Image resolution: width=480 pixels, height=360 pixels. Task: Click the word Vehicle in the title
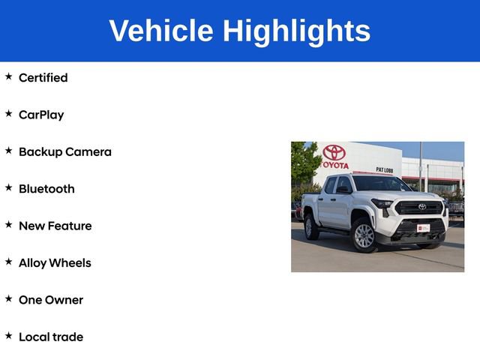pos(161,31)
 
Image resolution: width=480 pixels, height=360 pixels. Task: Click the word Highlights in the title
pos(296,31)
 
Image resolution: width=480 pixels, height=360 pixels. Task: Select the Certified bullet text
pos(43,78)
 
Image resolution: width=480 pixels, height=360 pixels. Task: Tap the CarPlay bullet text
pos(41,115)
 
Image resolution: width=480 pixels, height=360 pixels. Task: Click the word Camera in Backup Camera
pos(88,151)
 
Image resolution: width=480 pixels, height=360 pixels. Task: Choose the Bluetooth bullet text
pos(46,189)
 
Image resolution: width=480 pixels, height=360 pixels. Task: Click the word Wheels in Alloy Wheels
pos(71,262)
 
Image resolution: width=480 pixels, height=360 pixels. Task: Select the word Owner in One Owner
pos(64,300)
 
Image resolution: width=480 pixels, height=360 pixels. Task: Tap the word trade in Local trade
pos(67,337)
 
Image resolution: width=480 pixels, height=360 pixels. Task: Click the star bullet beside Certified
pos(9,76)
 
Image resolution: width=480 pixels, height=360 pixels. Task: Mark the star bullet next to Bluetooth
pos(9,187)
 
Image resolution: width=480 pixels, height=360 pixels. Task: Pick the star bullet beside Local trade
pos(9,335)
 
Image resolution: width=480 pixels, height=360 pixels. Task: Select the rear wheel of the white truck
pos(311,226)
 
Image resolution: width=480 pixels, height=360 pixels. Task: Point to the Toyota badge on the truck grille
pos(421,207)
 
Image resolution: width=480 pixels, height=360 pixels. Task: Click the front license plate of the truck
pos(424,227)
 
